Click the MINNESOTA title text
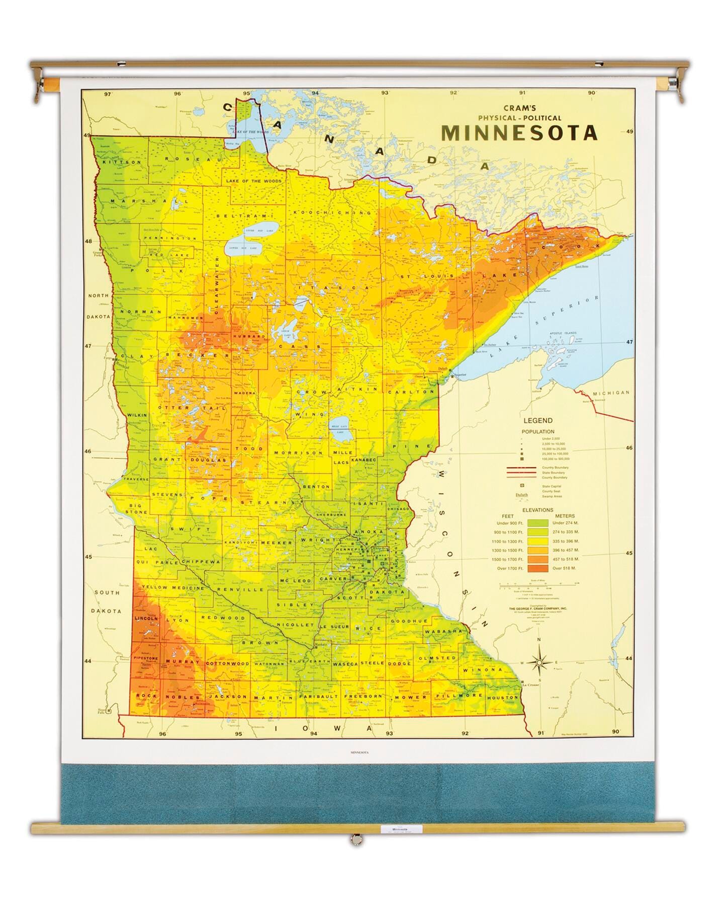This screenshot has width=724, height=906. pyautogui.click(x=519, y=132)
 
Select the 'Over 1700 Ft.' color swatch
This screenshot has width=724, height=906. pyautogui.click(x=537, y=568)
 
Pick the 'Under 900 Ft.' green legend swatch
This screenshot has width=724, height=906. pyautogui.click(x=537, y=523)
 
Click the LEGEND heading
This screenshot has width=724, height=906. pyautogui.click(x=537, y=420)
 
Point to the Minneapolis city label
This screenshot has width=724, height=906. pyautogui.click(x=358, y=559)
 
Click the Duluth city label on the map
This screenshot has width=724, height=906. pyautogui.click(x=442, y=368)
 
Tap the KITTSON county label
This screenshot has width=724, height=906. pyautogui.click(x=122, y=163)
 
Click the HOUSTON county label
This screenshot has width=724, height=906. pyautogui.click(x=502, y=698)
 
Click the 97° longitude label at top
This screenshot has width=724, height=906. pyautogui.click(x=107, y=94)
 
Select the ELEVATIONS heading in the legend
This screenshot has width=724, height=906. pyautogui.click(x=537, y=510)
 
